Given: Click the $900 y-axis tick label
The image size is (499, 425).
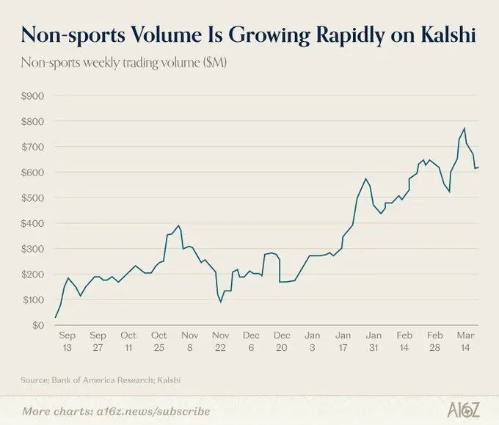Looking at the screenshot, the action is click(x=32, y=96).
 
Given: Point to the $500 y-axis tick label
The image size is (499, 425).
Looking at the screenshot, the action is click(x=32, y=198).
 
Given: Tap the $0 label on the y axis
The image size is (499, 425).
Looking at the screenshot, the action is click(x=38, y=325).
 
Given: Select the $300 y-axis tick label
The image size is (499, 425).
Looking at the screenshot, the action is click(x=32, y=249).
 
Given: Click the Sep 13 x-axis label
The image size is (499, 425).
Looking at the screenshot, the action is click(x=68, y=341).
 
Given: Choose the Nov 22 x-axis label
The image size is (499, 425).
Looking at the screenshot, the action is click(x=221, y=341).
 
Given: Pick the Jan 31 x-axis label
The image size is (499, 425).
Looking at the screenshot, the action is click(x=374, y=341).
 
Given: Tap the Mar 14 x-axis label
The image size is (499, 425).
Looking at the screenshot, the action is click(x=465, y=341).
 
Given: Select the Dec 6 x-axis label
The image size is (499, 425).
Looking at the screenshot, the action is click(x=251, y=341).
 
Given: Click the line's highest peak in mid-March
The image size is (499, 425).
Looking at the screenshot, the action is click(x=465, y=128).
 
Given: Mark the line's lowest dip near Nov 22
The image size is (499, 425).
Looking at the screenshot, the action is click(x=221, y=302).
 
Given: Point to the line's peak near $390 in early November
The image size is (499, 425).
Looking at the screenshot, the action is click(x=178, y=225).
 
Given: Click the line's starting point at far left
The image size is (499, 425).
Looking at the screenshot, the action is click(x=55, y=317).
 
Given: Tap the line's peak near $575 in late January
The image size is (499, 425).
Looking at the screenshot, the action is click(x=365, y=178).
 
